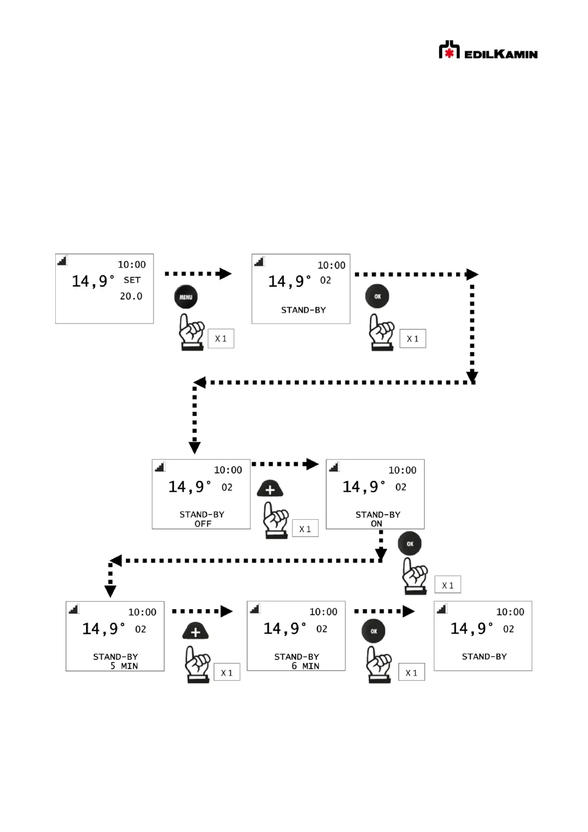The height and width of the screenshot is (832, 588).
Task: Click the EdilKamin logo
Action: [x=488, y=51]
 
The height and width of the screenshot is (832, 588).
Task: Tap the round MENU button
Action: [x=186, y=297]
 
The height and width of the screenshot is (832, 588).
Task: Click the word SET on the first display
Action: [x=132, y=280]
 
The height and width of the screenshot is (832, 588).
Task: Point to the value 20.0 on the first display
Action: [x=131, y=296]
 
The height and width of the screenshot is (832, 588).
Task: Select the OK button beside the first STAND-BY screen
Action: [x=377, y=296]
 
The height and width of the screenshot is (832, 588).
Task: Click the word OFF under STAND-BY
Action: [x=203, y=524]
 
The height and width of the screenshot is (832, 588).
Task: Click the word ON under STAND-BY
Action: [x=376, y=524]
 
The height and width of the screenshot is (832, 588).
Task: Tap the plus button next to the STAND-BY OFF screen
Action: [x=270, y=489]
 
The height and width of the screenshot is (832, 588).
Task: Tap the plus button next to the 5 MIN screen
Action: [x=196, y=631]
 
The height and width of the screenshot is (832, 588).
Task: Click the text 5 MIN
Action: [x=124, y=666]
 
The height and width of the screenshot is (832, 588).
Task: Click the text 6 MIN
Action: [x=305, y=666]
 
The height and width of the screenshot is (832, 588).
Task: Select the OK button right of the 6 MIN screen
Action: [x=373, y=631]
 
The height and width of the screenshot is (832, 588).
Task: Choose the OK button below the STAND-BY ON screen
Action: [x=410, y=543]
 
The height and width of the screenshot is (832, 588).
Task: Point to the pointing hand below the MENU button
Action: [x=192, y=332]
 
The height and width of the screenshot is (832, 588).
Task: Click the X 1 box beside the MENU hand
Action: [x=221, y=339]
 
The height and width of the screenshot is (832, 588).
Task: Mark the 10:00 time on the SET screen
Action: [x=132, y=265]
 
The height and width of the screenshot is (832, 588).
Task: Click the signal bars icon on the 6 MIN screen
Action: [x=255, y=609]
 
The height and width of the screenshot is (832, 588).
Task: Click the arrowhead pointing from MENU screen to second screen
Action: [x=225, y=274]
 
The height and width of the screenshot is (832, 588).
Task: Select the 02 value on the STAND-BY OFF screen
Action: [x=227, y=488]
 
